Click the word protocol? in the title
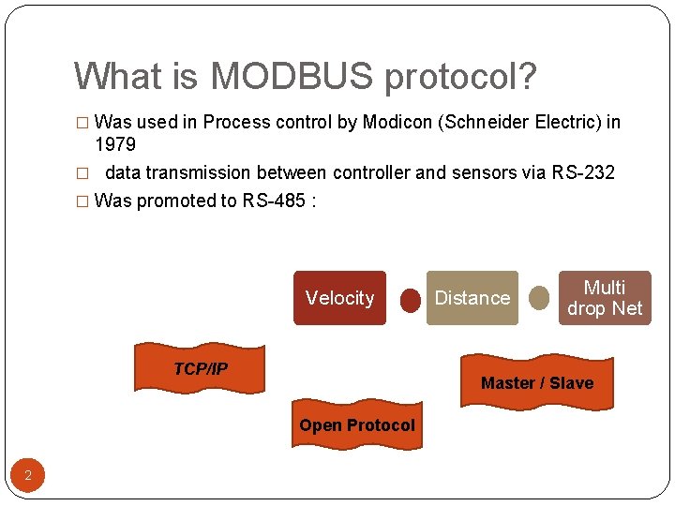pyautogui.click(x=460, y=78)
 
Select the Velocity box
pyautogui.click(x=339, y=298)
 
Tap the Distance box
pyautogui.click(x=472, y=298)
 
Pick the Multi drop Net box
pyautogui.click(x=605, y=298)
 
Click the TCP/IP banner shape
pyautogui.click(x=200, y=368)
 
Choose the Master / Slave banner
pyautogui.click(x=536, y=382)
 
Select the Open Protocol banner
pyautogui.click(x=356, y=425)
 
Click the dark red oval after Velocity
pyautogui.click(x=411, y=300)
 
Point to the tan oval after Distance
pyautogui.click(x=539, y=298)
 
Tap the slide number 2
pyautogui.click(x=28, y=476)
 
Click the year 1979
pyautogui.click(x=115, y=145)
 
